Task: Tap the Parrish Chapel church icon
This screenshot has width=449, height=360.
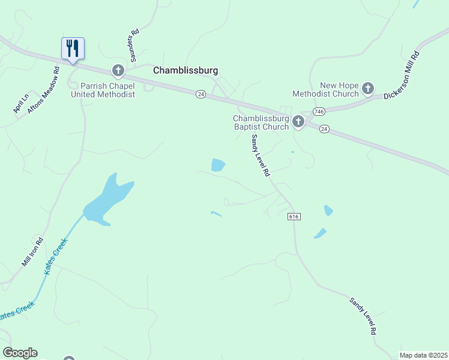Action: tap(118, 71)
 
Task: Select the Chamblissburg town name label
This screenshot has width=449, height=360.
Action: tap(185, 70)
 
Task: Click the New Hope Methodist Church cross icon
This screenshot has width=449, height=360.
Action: tap(368, 89)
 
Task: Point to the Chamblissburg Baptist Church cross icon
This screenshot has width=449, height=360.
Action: tap(298, 122)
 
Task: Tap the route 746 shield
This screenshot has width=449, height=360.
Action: tap(318, 112)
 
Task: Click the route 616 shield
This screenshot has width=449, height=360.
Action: tap(293, 216)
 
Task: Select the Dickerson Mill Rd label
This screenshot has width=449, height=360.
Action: tap(402, 76)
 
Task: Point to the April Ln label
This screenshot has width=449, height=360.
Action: tap(21, 104)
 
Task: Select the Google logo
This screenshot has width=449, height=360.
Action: tap(20, 352)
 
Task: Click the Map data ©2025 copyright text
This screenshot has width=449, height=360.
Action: tap(424, 355)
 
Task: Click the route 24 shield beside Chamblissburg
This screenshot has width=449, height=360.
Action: tap(200, 94)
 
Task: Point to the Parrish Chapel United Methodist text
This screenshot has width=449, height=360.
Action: tap(103, 90)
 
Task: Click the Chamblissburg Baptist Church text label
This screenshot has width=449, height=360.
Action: tap(261, 122)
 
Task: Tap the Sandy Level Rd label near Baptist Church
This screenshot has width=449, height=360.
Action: tap(261, 155)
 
